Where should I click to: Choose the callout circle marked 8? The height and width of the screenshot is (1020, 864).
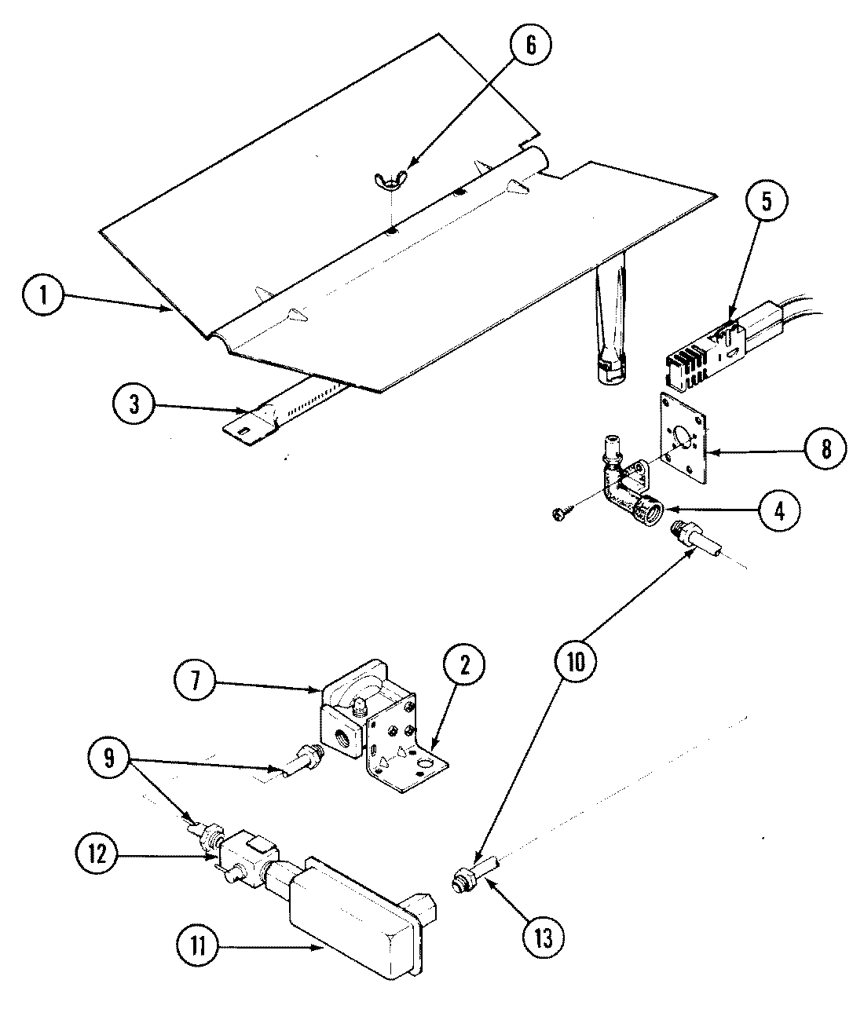click(x=822, y=448)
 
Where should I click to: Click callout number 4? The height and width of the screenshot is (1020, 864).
click(x=778, y=510)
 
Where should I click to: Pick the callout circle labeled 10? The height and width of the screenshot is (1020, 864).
click(x=576, y=662)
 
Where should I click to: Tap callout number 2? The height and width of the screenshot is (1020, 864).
click(x=464, y=665)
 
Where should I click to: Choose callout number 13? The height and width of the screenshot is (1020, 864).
click(x=543, y=936)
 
